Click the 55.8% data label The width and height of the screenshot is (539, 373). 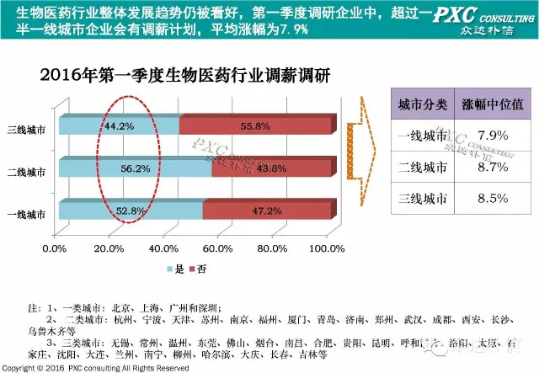click(x=257, y=127)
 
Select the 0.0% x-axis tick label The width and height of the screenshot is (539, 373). click(x=54, y=248)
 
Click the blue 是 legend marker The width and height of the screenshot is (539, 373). click(x=168, y=269)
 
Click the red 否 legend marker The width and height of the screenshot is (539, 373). click(x=191, y=269)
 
